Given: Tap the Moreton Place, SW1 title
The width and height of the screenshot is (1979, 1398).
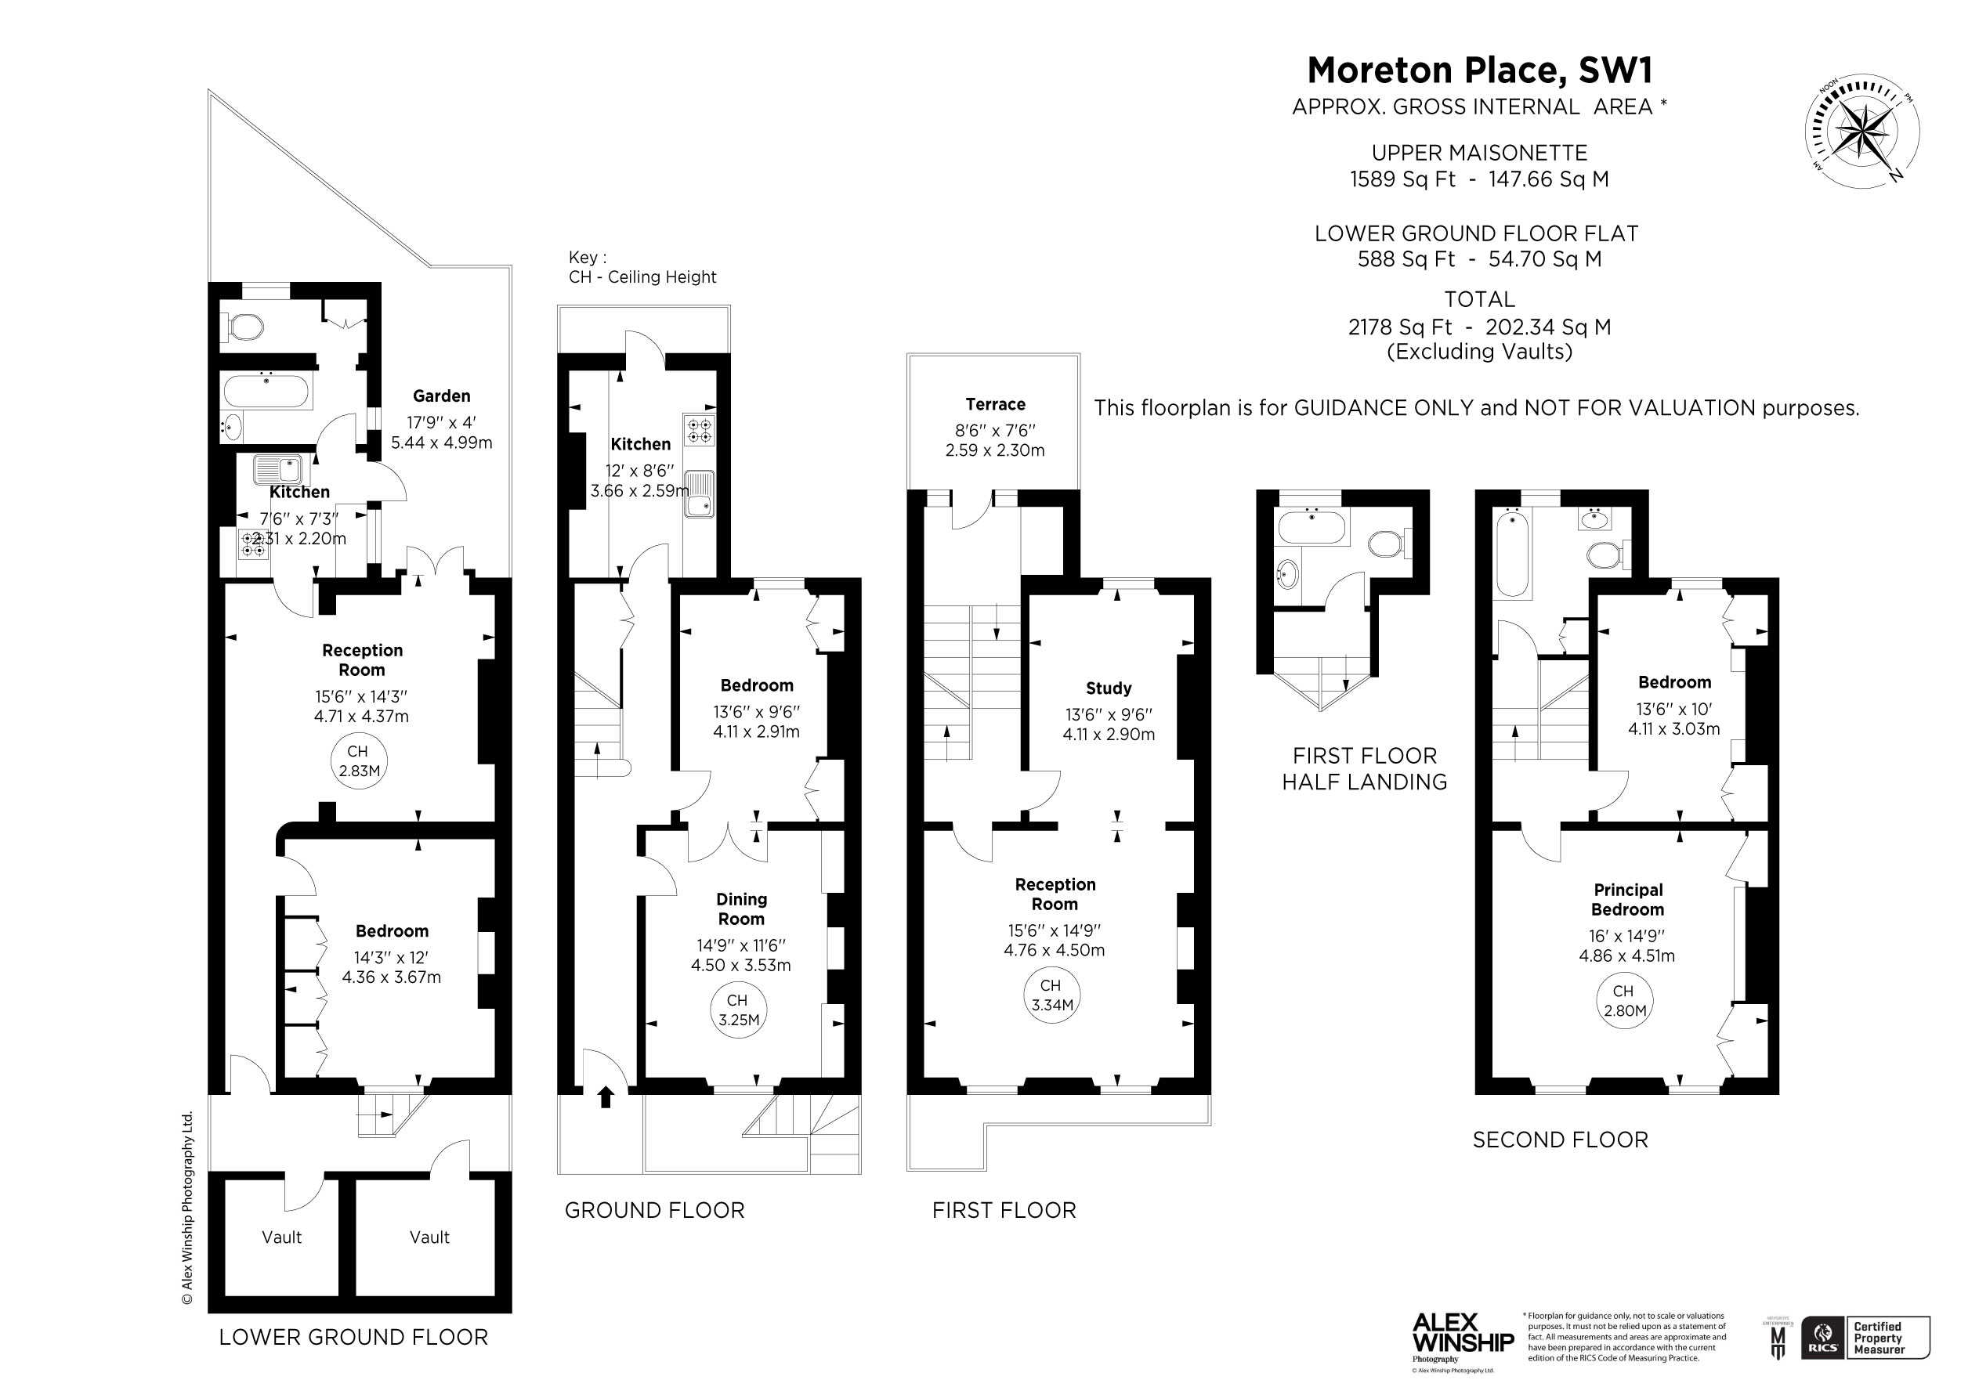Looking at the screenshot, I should [x=1479, y=70].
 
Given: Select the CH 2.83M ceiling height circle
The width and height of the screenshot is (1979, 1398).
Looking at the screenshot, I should [x=359, y=762].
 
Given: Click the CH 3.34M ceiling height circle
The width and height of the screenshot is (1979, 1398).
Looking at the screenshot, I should [x=1051, y=995].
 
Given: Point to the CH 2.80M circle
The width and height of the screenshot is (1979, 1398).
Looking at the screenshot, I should [x=1625, y=1002].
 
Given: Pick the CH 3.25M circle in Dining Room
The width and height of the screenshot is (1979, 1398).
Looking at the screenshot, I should [x=739, y=1010].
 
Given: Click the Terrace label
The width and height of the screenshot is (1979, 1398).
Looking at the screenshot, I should [x=995, y=404].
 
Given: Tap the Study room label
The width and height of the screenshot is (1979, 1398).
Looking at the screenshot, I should [x=1108, y=688].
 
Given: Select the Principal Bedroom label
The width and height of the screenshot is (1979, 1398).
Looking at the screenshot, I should [x=1627, y=900].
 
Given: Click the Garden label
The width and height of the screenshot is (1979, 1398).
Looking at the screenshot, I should [x=441, y=396].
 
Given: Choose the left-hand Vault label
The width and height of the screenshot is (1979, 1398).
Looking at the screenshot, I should [x=282, y=1237].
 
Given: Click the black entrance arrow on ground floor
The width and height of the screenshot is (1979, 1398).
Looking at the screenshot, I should [x=605, y=1097].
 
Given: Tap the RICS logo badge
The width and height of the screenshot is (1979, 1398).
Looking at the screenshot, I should [x=1822, y=1338].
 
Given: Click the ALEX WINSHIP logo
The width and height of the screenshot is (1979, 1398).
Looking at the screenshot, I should [x=1462, y=1335].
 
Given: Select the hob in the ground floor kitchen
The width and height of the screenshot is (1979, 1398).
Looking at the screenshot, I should [x=699, y=430].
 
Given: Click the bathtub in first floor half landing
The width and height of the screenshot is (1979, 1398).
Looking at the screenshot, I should [x=1311, y=526].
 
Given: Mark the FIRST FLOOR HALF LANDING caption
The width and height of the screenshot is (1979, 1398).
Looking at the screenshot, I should [x=1365, y=769].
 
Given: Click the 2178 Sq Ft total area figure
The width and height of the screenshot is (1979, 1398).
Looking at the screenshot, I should [x=1400, y=327].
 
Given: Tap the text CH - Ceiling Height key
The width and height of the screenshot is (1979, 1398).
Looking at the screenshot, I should [x=642, y=276].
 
